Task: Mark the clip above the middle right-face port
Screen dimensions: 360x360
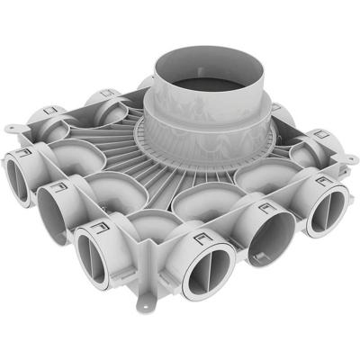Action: [264, 211]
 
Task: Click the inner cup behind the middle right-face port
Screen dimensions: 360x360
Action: [247, 188]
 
